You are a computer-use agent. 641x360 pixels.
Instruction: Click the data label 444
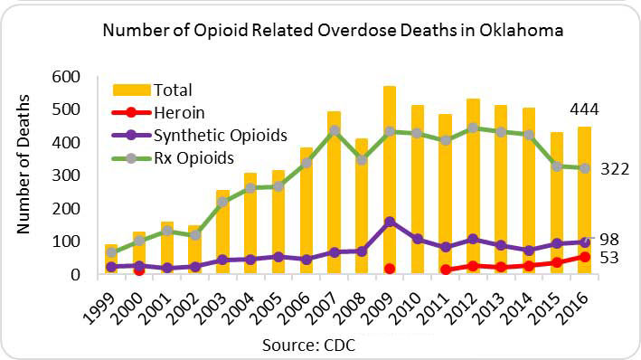(586, 109)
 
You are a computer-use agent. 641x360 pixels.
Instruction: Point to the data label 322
(617, 169)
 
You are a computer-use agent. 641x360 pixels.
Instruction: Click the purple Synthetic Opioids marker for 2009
(389, 222)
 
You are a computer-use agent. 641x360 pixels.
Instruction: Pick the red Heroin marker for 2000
(138, 270)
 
